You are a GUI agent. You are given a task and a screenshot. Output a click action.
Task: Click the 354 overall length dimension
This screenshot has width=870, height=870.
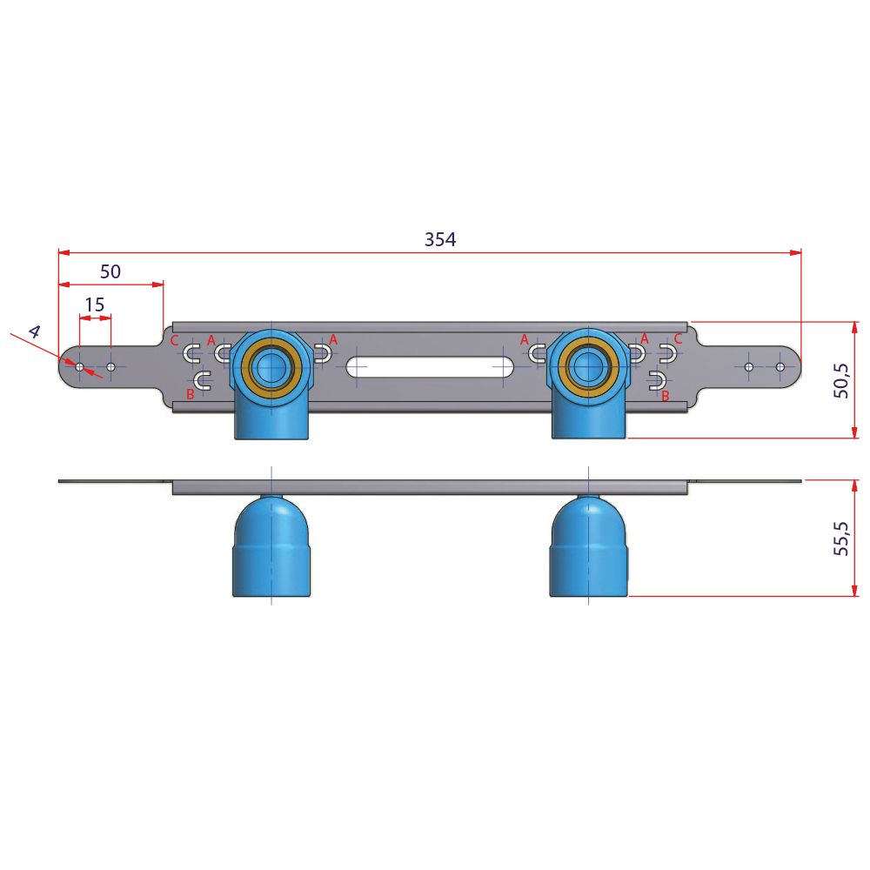(x=440, y=239)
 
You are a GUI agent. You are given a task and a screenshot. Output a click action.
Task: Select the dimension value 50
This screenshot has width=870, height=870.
(x=110, y=271)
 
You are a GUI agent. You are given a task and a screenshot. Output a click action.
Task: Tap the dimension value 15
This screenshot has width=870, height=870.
(x=94, y=304)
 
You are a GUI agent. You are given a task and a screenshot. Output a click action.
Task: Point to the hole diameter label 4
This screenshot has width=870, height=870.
(x=35, y=331)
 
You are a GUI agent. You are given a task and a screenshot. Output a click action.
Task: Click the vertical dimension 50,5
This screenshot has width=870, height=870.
(x=841, y=381)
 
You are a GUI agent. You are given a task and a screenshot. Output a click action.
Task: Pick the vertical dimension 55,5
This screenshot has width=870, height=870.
(x=841, y=539)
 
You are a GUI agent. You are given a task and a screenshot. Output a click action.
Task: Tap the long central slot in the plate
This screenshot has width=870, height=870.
(x=431, y=367)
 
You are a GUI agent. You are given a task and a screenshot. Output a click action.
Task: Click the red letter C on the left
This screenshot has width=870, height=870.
(x=174, y=340)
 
